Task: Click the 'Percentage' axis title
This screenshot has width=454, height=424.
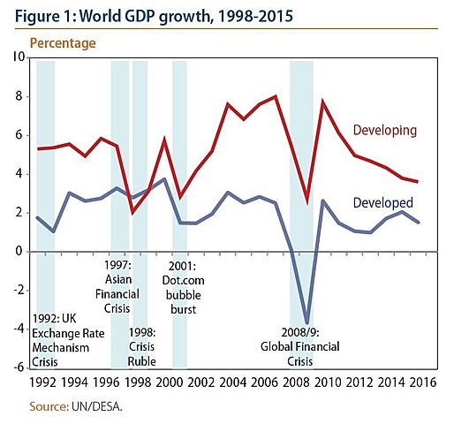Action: point(63,42)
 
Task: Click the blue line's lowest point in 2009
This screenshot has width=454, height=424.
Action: point(307,323)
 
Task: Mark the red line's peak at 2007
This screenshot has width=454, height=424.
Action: point(276,96)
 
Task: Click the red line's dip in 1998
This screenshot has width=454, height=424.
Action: point(132,213)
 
